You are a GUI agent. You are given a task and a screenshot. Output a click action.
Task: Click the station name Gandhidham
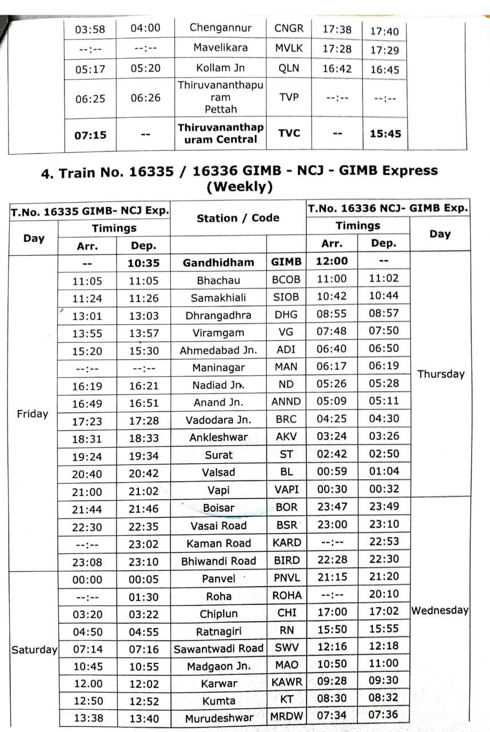218,262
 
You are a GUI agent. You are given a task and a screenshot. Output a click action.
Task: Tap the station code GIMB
286,262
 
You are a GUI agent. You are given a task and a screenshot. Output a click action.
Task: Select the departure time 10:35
143,263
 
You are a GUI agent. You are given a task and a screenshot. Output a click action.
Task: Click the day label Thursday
440,374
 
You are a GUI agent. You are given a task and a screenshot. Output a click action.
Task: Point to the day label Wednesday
440,610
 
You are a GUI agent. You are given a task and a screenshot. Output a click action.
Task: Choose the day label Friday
33,413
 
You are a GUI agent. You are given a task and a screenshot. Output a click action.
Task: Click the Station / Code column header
238,218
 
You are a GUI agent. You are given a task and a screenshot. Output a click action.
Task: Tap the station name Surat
219,455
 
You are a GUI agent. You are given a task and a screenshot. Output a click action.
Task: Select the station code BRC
286,419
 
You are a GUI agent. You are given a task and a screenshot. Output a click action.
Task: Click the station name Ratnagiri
218,632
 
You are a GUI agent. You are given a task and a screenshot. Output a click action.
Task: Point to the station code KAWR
287,683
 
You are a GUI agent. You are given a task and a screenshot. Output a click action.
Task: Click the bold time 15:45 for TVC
385,134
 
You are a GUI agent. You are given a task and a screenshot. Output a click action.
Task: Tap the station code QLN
289,67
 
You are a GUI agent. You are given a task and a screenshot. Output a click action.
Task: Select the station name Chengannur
220,27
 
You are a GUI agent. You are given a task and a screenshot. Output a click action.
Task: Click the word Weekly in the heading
239,186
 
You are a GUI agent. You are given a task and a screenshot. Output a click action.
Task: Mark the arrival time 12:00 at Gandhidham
332,261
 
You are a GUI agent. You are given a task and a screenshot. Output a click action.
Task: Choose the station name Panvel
218,579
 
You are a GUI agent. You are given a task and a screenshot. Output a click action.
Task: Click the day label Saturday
34,650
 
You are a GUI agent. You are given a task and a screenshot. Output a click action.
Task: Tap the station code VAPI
286,490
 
